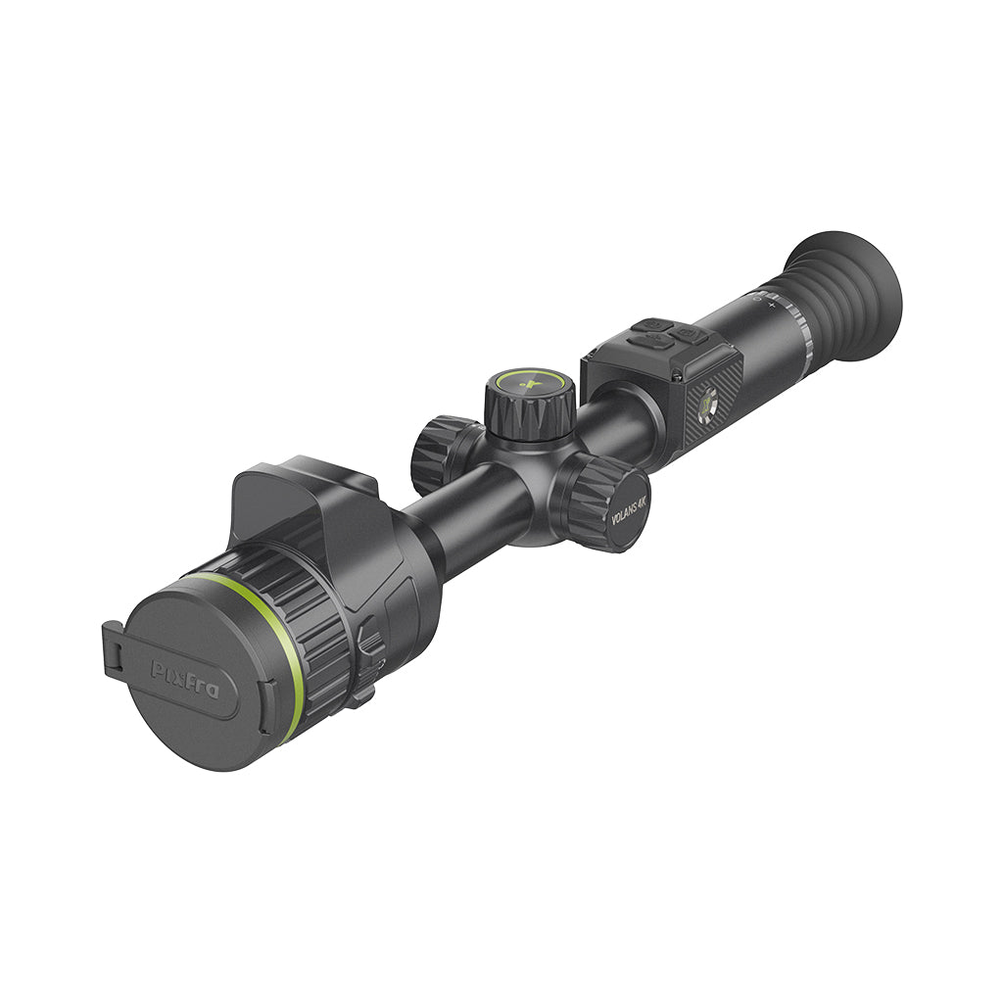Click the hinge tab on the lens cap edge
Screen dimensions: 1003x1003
(x=112, y=647)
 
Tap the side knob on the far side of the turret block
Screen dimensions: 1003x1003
(x=441, y=454)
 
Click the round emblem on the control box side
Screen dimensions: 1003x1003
(x=707, y=402)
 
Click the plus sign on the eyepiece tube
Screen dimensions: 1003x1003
(x=771, y=306)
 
